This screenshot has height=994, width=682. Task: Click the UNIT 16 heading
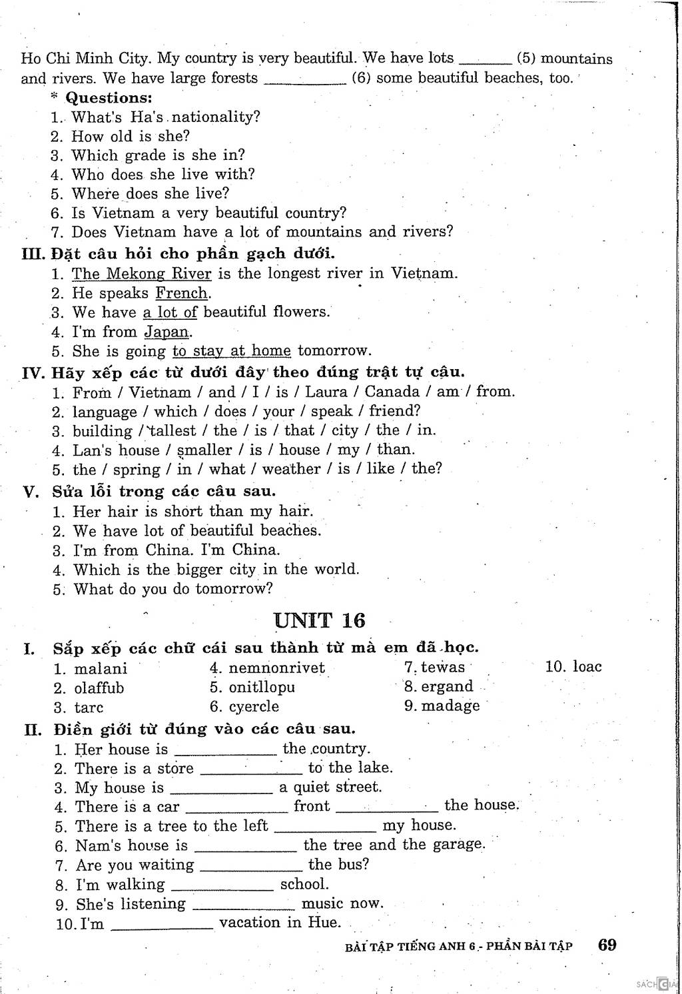320,621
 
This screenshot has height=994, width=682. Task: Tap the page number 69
607,944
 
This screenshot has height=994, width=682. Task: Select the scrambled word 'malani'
101,669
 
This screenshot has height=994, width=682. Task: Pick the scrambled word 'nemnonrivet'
277,668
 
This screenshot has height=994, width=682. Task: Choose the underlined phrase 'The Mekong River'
141,274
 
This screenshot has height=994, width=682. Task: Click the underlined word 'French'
182,293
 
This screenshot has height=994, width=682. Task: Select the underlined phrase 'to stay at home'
232,351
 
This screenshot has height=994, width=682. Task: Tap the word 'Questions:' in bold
109,98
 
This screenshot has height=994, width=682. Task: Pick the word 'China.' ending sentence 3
256,550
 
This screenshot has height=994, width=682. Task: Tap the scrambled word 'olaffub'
99,688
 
